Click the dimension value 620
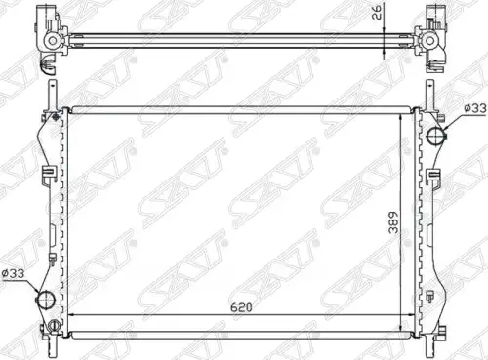pos(241,307)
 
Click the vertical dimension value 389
pos(393,222)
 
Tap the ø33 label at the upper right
pos(475,108)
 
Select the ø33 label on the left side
pos(13,273)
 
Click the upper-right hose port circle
pos(435,136)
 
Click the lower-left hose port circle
pos(46,299)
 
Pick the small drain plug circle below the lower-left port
pos(54,325)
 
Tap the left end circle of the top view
pos(52,41)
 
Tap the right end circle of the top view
pos(429,41)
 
